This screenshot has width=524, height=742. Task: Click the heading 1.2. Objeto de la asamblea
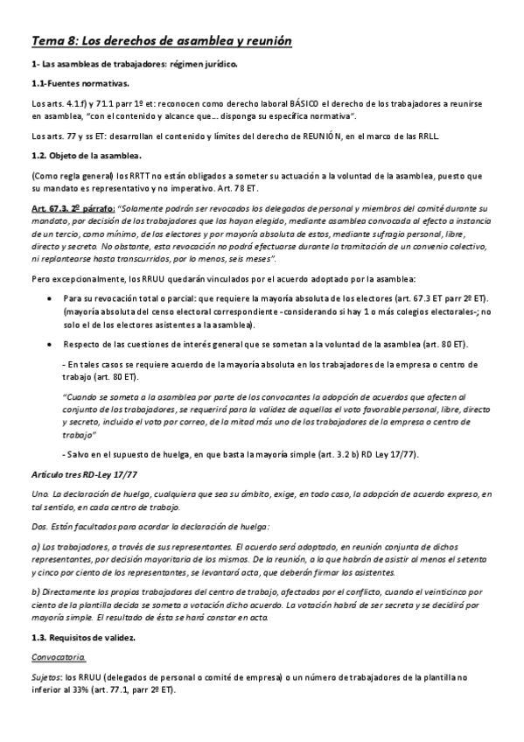point(87,156)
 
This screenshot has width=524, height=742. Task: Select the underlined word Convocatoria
point(58,658)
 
